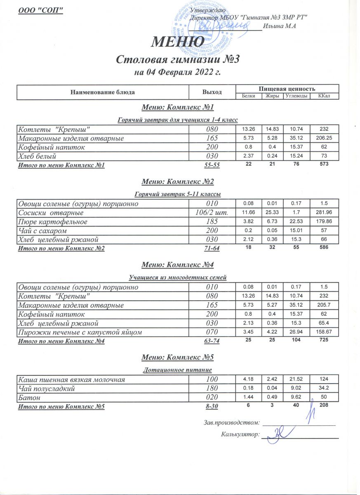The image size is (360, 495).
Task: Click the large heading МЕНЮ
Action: coord(178,42)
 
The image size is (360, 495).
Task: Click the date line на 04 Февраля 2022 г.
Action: coord(178,73)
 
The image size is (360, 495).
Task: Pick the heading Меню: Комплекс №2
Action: coord(178,181)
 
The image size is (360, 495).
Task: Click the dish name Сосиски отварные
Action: coord(51,213)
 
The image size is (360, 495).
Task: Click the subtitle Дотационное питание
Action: coord(178,370)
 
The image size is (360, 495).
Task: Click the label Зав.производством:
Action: coord(232,422)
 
